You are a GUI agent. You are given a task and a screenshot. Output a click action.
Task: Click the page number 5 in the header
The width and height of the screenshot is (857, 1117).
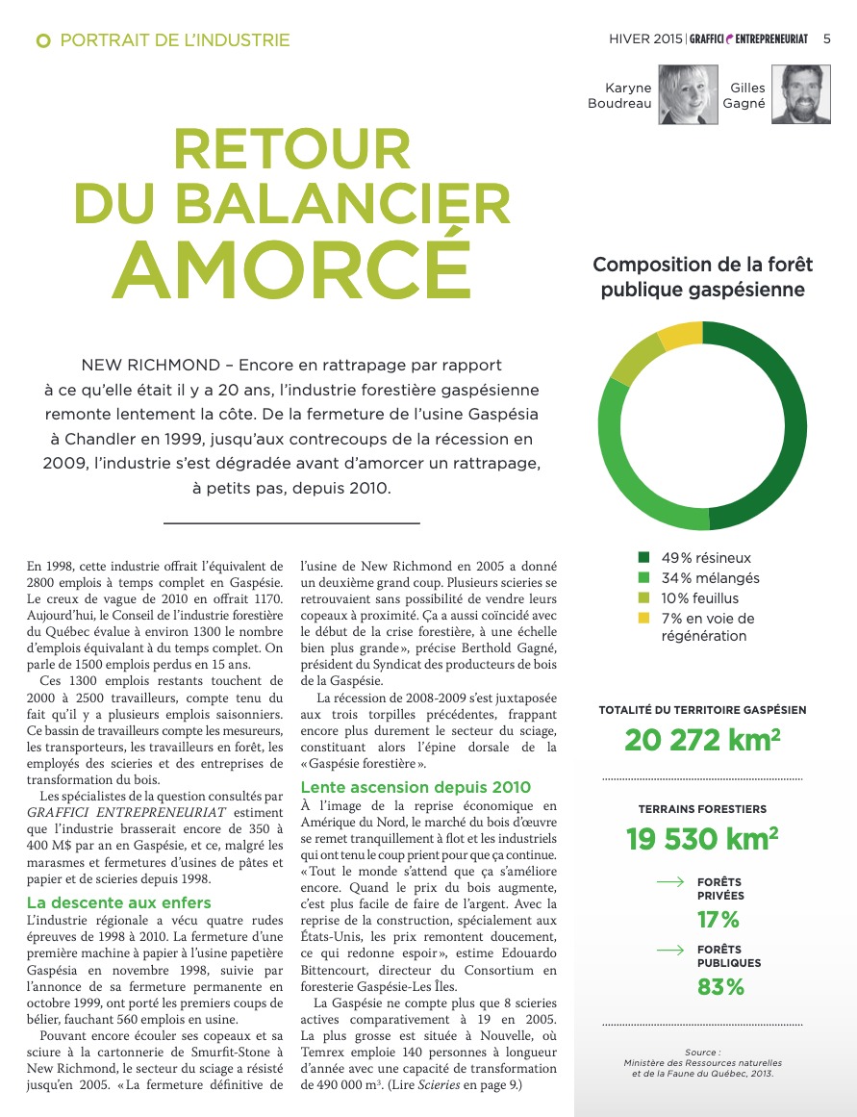click(827, 39)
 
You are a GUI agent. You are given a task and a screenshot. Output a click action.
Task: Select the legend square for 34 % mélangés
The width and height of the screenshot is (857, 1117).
click(643, 577)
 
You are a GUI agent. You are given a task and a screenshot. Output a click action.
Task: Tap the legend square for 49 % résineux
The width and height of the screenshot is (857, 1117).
click(643, 557)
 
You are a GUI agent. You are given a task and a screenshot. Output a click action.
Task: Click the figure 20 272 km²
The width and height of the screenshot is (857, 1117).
click(702, 740)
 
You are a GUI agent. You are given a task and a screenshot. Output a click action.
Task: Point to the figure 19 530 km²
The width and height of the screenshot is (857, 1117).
click(702, 838)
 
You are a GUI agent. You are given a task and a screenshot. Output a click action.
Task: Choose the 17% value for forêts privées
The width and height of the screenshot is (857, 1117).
click(718, 920)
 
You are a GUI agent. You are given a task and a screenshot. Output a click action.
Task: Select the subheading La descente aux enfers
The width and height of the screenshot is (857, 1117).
click(119, 902)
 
